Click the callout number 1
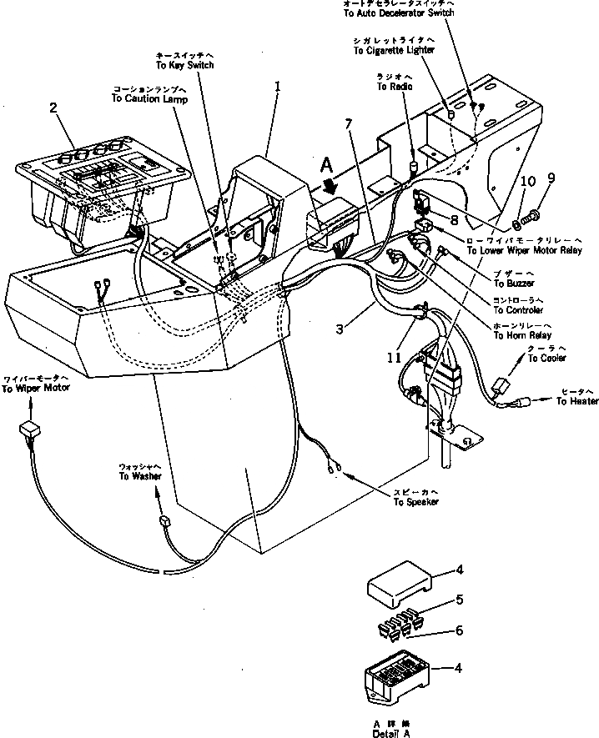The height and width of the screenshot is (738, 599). click(277, 85)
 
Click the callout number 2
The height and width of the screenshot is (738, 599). click(53, 108)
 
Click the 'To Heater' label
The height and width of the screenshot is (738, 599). click(577, 401)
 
